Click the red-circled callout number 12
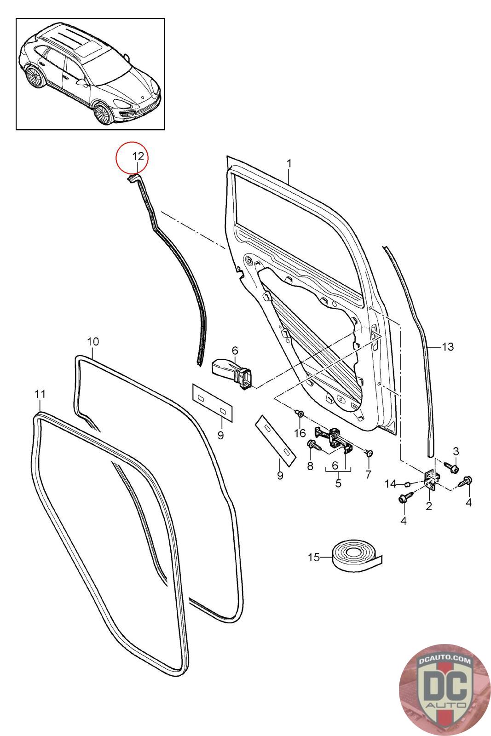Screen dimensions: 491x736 [138, 156]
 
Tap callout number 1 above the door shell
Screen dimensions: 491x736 [289, 163]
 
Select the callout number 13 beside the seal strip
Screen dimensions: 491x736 [448, 347]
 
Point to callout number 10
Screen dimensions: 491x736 [93, 341]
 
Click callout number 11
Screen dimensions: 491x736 [40, 394]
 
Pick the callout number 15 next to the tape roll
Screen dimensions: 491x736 [314, 557]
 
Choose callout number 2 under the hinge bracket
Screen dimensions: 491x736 [429, 506]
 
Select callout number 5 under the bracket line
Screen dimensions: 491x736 [339, 483]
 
